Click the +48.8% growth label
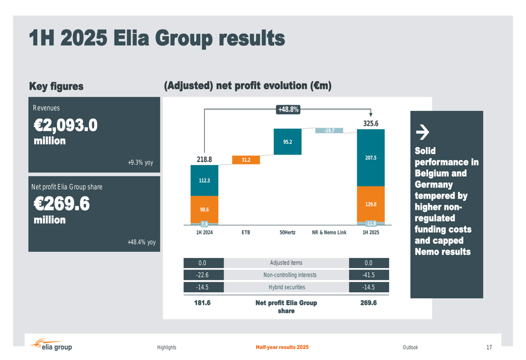pos(288,110)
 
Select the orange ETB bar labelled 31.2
pos(246,160)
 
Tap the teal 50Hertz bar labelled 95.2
pos(287,142)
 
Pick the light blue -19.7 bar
pos(329,130)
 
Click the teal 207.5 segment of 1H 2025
pos(371,158)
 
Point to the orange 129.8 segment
pos(371,204)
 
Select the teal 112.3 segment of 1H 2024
pos(204,180)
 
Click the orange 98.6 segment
pos(204,209)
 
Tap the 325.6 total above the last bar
pos(371,124)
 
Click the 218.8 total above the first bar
pos(204,160)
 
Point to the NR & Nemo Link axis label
pos(329,232)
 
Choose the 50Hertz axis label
pos(287,232)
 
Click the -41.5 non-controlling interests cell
pos(369,275)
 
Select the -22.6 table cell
pos(203,275)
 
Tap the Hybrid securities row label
pos(287,287)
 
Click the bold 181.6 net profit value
pos(203,303)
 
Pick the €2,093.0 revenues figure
pos(66,126)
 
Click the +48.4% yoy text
pos(141,242)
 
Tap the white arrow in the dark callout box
pos(422,131)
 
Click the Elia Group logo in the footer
pos(52,346)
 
